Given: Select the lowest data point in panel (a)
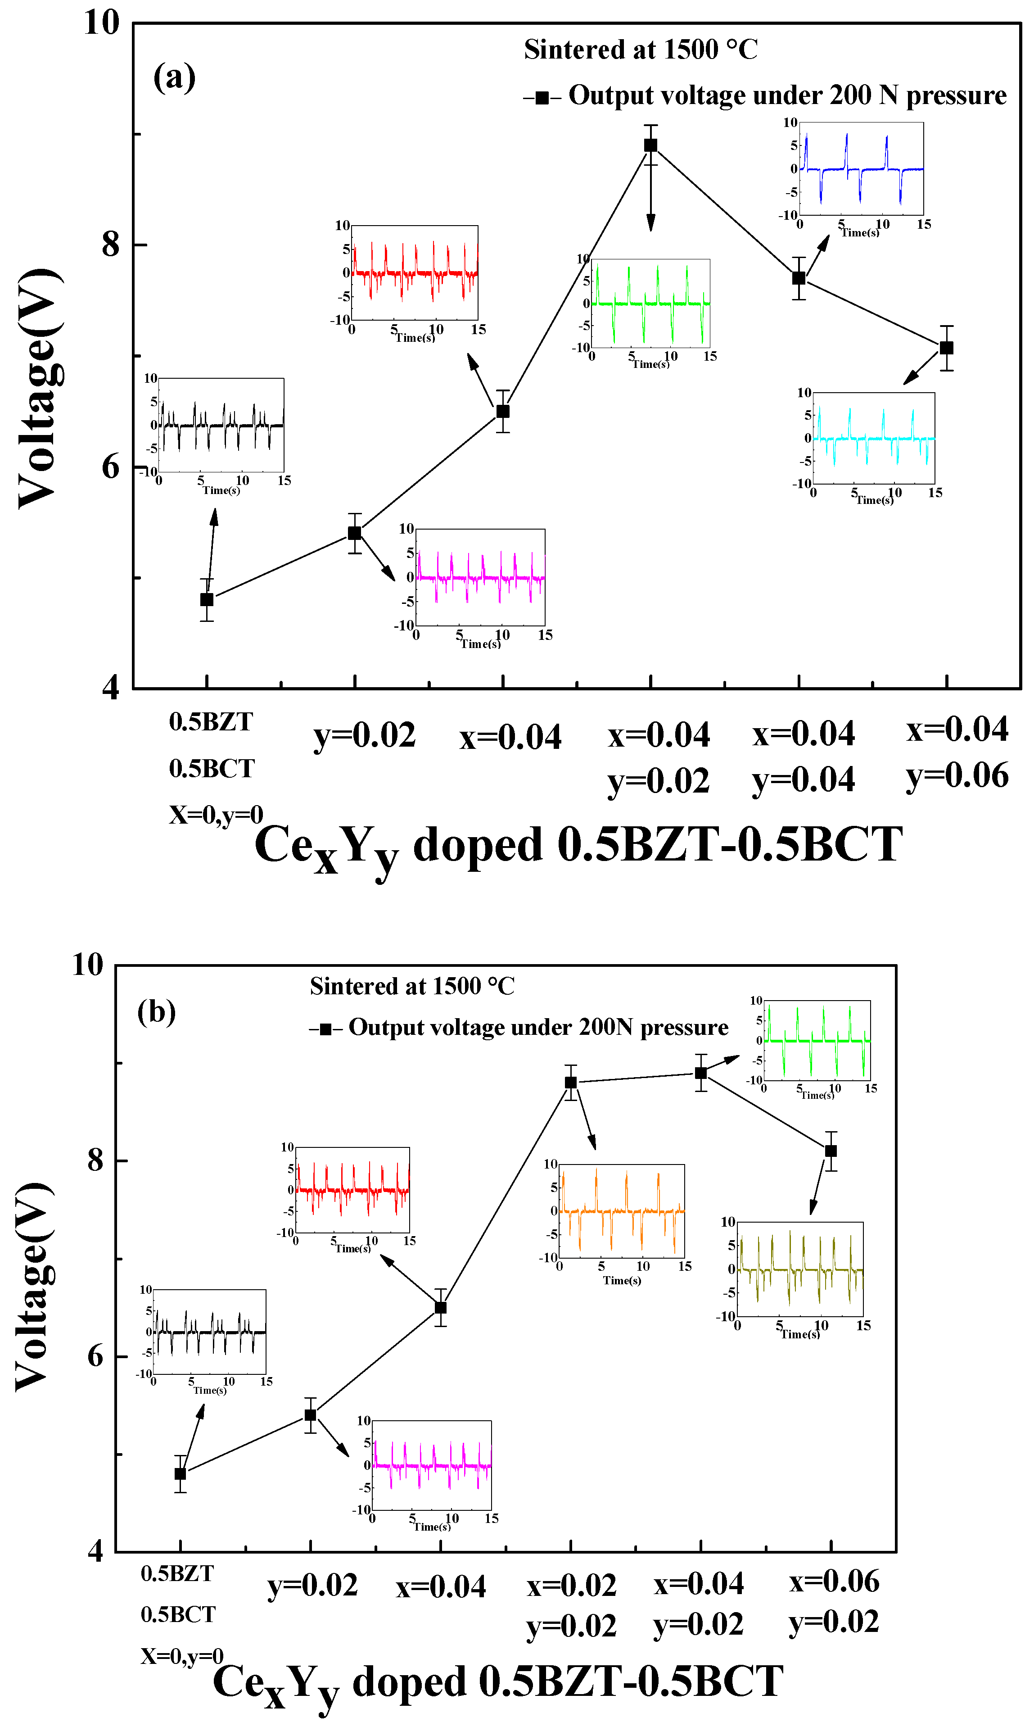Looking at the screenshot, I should pos(207,599).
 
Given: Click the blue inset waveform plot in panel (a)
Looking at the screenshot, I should pos(861,169).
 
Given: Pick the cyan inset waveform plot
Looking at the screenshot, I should pos(874,438).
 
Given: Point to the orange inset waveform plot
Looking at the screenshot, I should pos(622,1210).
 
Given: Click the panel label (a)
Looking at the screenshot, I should pos(174,77).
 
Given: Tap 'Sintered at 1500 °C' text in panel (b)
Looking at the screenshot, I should pos(412,986).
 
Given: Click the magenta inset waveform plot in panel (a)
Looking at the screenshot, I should pos(480,577).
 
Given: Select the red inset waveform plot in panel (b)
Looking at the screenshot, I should pos(352,1190).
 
